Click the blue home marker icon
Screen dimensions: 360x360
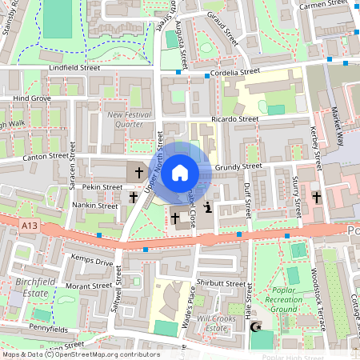pyautogui.click(x=180, y=172)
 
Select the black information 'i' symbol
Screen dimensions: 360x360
pyautogui.click(x=208, y=208)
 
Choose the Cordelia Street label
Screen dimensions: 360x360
pyautogui.click(x=236, y=71)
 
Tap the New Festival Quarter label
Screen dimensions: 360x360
pyautogui.click(x=126, y=119)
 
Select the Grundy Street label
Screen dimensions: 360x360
pyautogui.click(x=238, y=166)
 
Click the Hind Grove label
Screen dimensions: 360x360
pyautogui.click(x=32, y=98)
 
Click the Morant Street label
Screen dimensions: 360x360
pyautogui.click(x=88, y=286)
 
